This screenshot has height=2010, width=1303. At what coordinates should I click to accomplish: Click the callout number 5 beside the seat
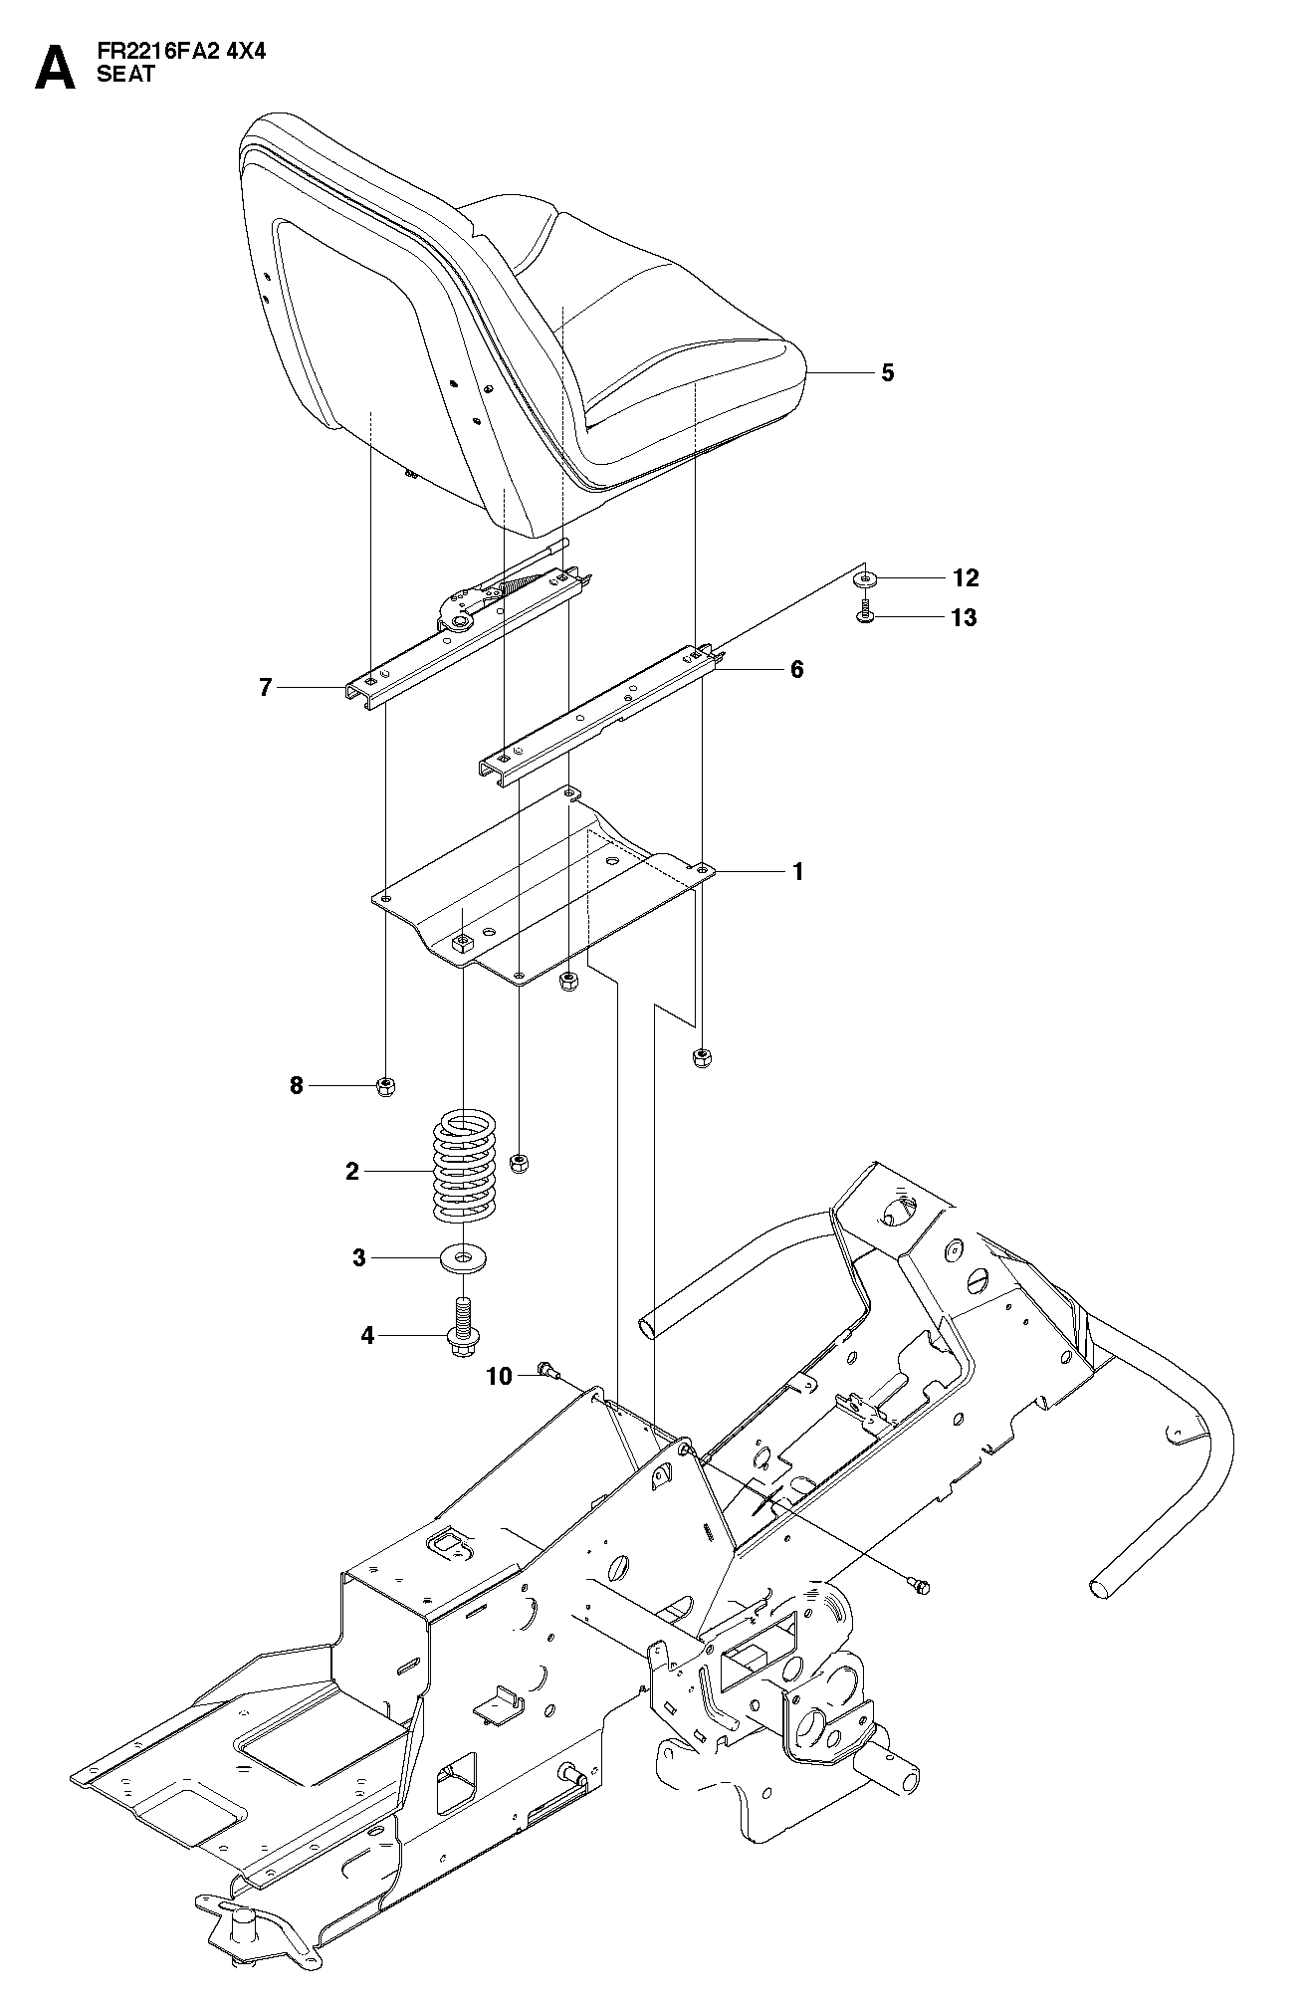tap(888, 373)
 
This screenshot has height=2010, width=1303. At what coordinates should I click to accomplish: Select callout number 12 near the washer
tap(966, 577)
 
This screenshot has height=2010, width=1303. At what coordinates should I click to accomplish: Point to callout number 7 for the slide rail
tap(265, 687)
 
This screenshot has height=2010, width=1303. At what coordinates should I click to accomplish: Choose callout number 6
tap(796, 669)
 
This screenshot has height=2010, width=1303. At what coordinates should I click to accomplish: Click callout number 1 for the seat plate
tap(796, 871)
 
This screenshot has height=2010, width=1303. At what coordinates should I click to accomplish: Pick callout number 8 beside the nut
tap(296, 1085)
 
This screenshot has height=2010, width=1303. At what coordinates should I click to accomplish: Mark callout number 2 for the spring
tap(351, 1172)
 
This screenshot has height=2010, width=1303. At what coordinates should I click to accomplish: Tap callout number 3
tap(359, 1258)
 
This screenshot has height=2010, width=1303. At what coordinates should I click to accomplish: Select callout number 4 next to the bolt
tap(367, 1335)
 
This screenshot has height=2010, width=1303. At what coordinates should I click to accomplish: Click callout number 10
tap(499, 1377)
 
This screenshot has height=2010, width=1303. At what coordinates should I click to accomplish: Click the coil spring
tap(465, 1167)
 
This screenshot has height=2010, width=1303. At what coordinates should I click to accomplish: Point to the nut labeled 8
tap(387, 1085)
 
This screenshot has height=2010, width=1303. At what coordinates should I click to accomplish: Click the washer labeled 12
tap(867, 578)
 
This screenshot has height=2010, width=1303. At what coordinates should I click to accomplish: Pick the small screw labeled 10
tap(548, 1371)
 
